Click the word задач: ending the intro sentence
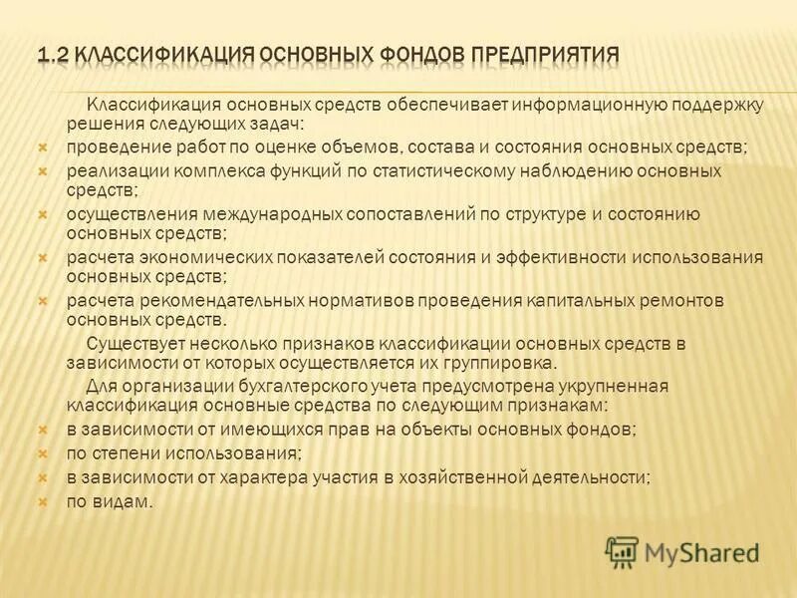point(283,125)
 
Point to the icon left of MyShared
point(622,552)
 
